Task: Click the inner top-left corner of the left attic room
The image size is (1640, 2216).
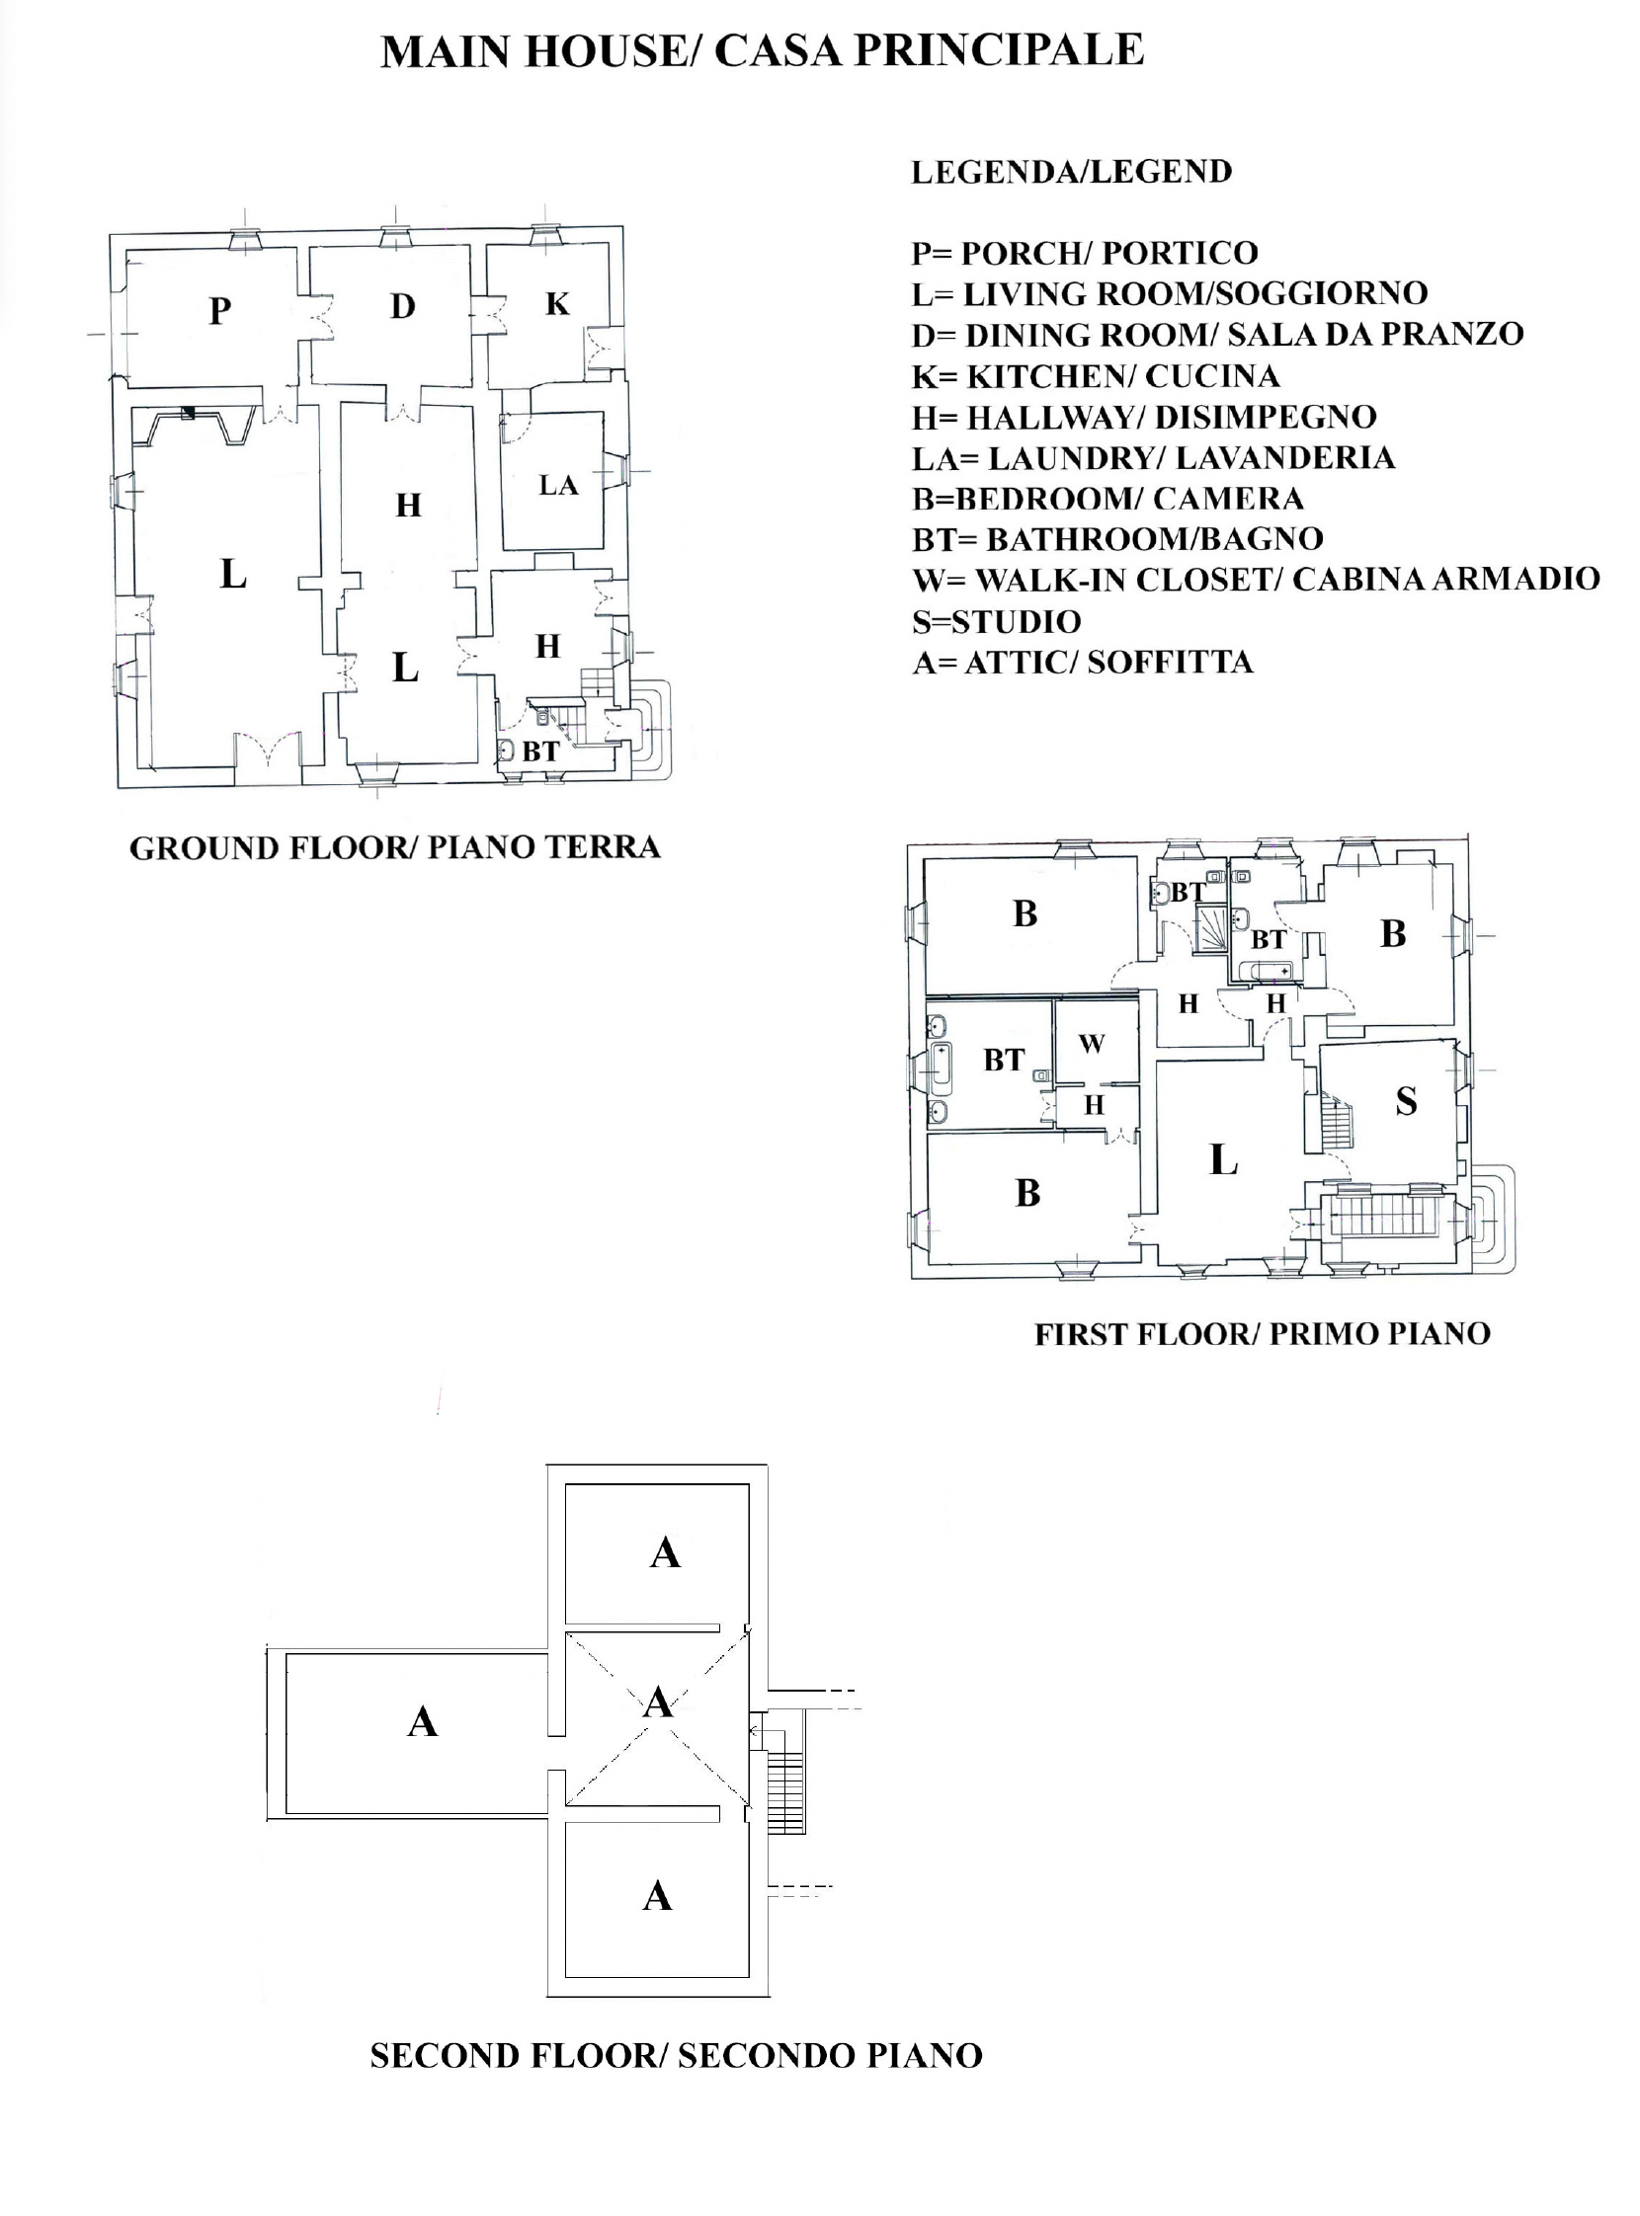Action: (x=287, y=1653)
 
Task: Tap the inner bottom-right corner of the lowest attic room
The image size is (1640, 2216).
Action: (x=748, y=1976)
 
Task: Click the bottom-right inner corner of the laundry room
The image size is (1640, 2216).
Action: (x=603, y=549)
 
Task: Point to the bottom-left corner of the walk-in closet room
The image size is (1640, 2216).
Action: (x=1055, y=1081)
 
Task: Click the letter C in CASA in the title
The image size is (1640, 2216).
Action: (x=729, y=50)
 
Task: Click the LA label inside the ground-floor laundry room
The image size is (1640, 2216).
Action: (x=558, y=486)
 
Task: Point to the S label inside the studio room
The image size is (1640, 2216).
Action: (x=1406, y=1101)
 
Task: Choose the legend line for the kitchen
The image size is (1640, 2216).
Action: (x=1096, y=376)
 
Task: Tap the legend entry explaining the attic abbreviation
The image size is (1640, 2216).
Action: (x=1083, y=662)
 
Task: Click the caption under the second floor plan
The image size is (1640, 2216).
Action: (x=676, y=2055)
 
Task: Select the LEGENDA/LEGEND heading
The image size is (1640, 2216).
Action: (x=1072, y=172)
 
